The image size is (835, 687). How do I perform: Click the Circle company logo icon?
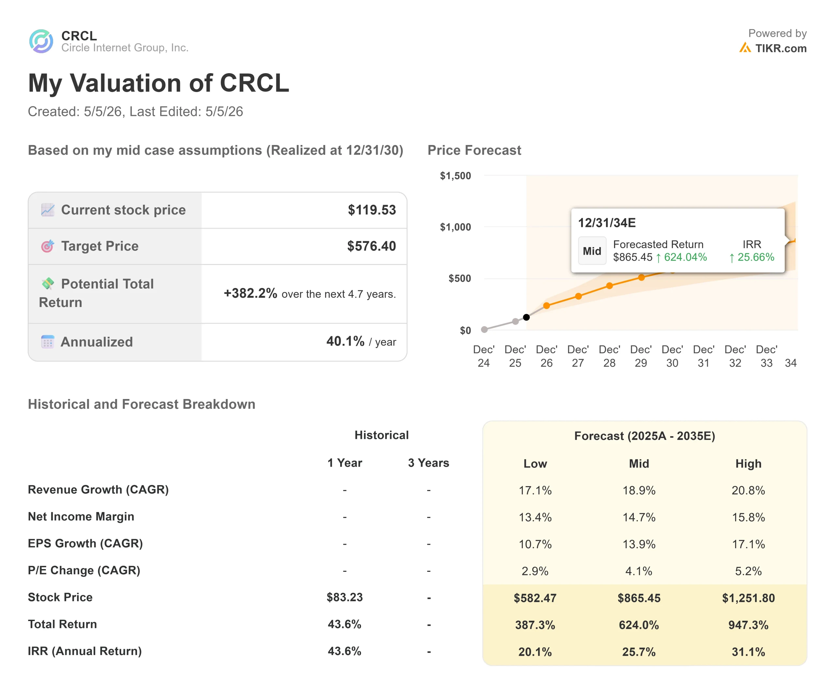point(41,41)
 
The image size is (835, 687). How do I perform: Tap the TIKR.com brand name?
point(781,48)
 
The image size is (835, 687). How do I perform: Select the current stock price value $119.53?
point(372,210)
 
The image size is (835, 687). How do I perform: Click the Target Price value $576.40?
point(371,246)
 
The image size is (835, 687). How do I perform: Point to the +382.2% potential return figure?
point(250,293)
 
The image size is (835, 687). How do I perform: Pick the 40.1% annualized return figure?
point(345,341)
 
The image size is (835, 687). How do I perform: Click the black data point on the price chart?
point(526,317)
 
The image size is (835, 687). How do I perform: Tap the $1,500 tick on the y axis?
point(455,176)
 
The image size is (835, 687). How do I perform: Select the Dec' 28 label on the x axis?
point(609,356)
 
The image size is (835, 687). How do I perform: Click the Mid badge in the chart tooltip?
point(592,251)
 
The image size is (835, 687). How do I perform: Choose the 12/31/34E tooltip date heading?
point(607,223)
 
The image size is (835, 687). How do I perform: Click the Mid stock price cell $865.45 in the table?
point(639,598)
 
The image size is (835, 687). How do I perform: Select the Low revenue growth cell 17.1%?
point(535,490)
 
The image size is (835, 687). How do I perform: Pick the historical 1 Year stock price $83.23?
point(345,597)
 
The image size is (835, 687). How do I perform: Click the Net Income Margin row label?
point(81,517)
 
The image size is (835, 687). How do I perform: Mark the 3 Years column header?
point(429,463)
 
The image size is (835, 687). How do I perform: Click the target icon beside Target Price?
point(47,246)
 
